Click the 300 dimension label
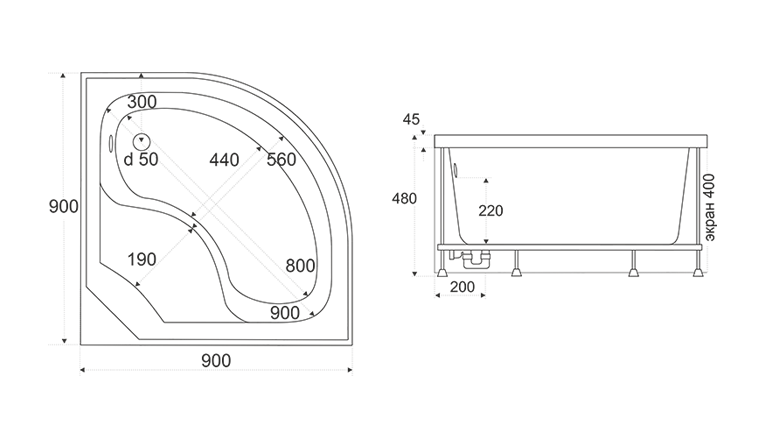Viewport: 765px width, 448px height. tap(142, 102)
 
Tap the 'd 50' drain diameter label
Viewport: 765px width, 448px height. tap(141, 159)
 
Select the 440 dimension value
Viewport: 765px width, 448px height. tap(224, 160)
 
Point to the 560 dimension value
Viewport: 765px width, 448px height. tap(282, 160)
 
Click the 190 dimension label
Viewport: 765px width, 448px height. tap(142, 259)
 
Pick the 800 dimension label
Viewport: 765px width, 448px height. tap(300, 266)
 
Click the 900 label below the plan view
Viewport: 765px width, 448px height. tap(216, 361)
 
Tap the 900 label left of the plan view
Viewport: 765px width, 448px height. tap(63, 206)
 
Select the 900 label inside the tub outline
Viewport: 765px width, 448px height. tap(284, 313)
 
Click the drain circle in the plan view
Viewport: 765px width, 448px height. tap(141, 141)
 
